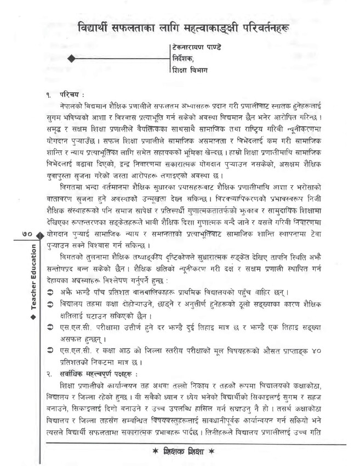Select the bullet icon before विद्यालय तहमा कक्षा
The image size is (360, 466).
point(50,304)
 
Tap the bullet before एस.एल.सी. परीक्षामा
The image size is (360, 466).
point(50,328)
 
